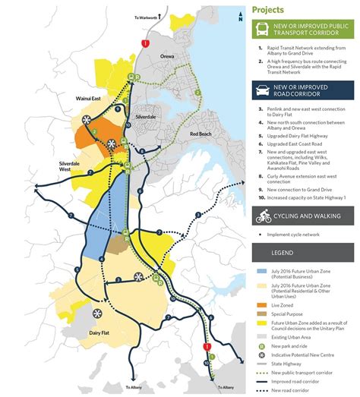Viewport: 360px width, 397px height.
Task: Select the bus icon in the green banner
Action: pyautogui.click(x=262, y=30)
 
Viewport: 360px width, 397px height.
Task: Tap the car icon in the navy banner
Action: pyautogui.click(x=262, y=90)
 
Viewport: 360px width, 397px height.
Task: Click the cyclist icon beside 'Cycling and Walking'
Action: pyautogui.click(x=262, y=216)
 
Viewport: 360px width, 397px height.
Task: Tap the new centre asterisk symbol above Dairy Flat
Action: pyautogui.click(x=139, y=277)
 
